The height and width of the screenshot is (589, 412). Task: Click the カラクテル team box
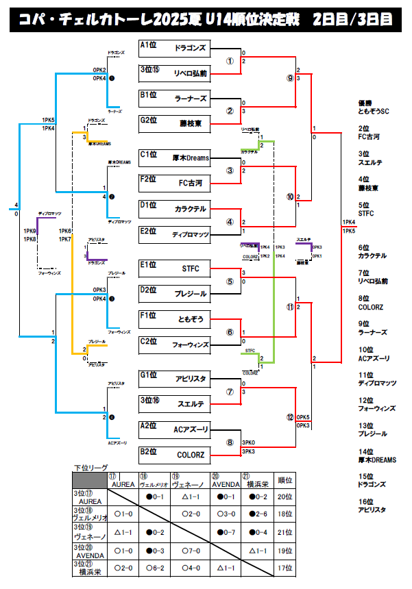(x=190, y=208)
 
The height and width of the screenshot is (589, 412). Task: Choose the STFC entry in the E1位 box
(x=191, y=268)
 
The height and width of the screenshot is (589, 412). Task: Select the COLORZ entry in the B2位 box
(x=191, y=454)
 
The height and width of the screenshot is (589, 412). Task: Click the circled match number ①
(x=230, y=60)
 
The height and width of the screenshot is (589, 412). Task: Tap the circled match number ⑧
(x=230, y=442)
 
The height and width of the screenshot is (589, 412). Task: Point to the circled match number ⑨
(x=290, y=79)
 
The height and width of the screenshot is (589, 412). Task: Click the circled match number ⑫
(x=290, y=417)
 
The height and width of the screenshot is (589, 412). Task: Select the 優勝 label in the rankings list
(x=365, y=103)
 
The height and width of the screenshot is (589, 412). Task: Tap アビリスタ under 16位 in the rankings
(x=372, y=510)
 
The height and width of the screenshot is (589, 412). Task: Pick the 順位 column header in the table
(x=284, y=479)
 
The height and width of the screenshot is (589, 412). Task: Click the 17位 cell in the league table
(x=284, y=568)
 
